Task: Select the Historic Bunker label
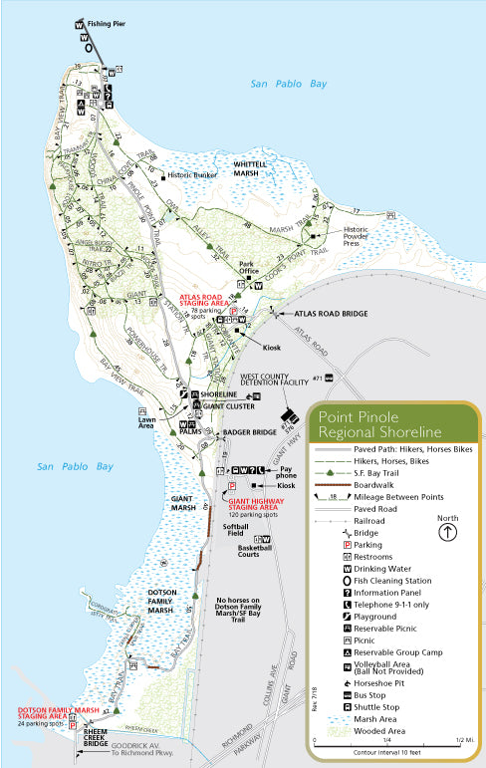pyautogui.click(x=191, y=176)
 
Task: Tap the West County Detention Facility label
pyautogui.click(x=272, y=383)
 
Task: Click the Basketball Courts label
pyautogui.click(x=256, y=554)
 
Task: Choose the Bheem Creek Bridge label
pyautogui.click(x=95, y=738)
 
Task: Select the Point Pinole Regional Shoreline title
pyautogui.click(x=378, y=424)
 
